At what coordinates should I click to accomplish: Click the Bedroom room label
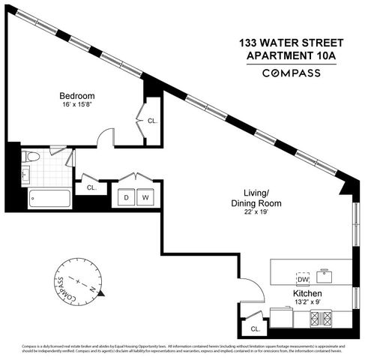77,96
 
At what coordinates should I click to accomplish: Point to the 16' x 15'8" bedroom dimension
77,106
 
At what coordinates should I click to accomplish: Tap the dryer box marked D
126,198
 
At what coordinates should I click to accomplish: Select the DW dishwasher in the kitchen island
304,277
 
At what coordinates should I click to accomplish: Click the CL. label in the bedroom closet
152,120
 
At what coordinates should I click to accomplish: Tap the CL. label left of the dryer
91,188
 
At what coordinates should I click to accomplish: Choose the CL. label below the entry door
255,328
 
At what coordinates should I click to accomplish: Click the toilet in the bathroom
31,156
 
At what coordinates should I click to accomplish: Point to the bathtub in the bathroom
49,199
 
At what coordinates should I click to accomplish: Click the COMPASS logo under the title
291,73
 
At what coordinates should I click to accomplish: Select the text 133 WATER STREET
291,43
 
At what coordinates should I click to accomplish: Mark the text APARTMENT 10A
291,55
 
